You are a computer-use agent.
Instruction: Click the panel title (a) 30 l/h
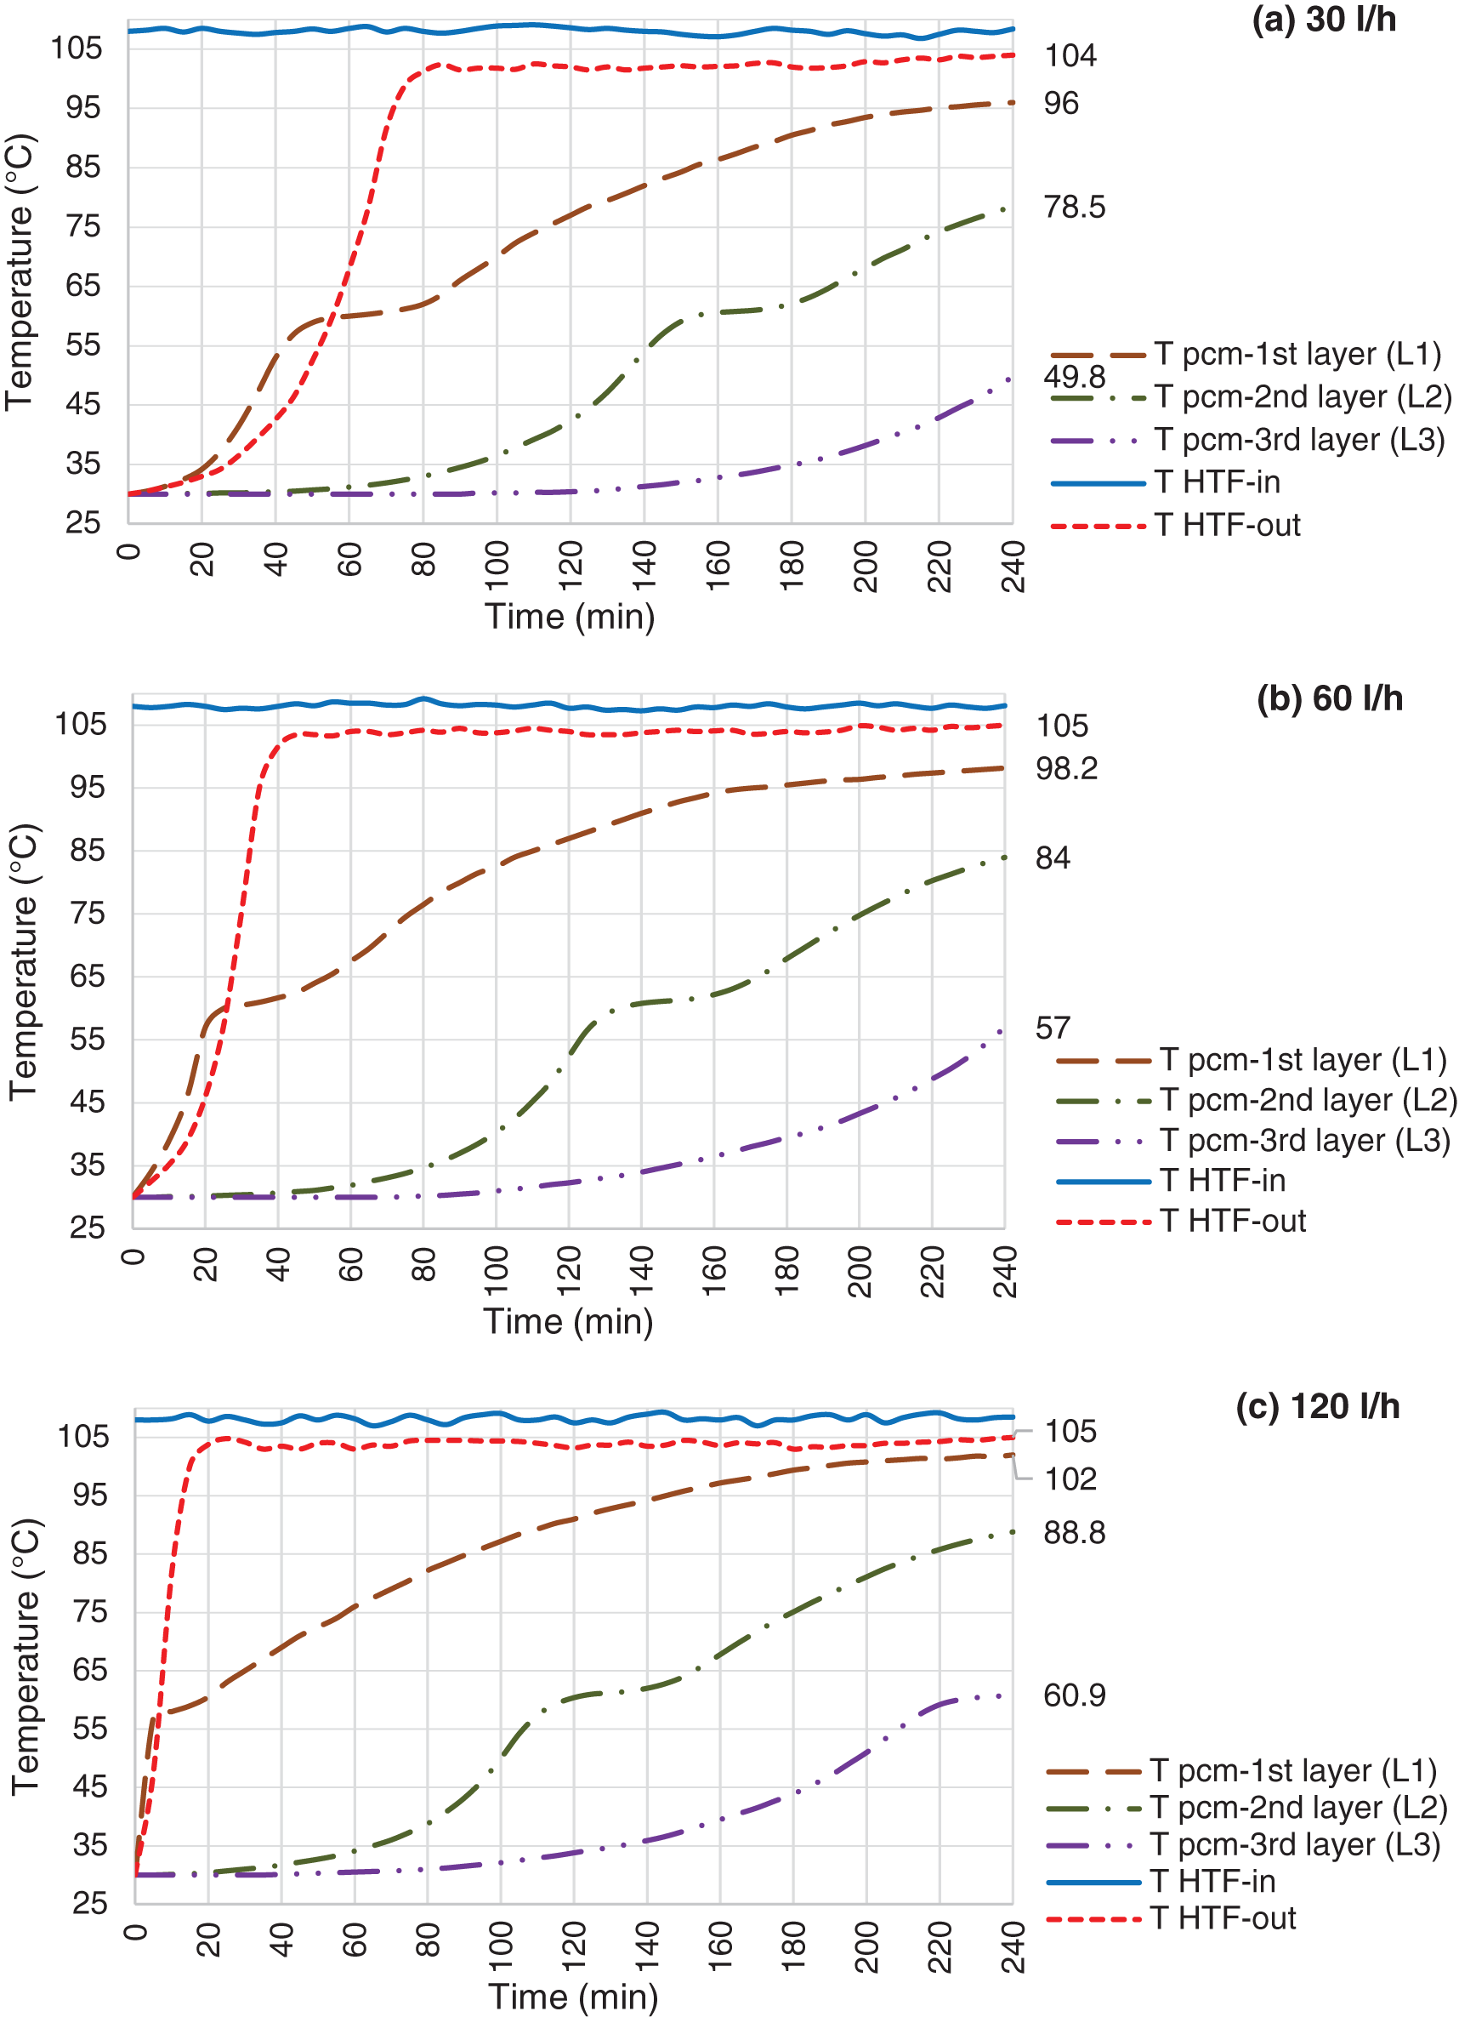point(1323,20)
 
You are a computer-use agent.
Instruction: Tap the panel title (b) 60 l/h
point(1329,699)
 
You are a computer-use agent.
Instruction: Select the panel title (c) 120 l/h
point(1318,1407)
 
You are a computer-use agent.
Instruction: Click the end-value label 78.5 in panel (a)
point(1074,208)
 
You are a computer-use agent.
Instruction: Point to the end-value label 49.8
point(1074,376)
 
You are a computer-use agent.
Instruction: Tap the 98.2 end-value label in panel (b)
point(1066,768)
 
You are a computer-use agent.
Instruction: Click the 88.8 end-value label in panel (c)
point(1074,1532)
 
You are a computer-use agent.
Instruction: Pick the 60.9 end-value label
point(1074,1695)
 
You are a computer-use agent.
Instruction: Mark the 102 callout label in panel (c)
point(1070,1479)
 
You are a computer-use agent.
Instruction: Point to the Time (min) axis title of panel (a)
point(570,616)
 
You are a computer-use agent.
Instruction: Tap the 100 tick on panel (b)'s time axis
point(497,1271)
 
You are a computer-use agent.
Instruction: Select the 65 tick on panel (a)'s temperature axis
point(82,286)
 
